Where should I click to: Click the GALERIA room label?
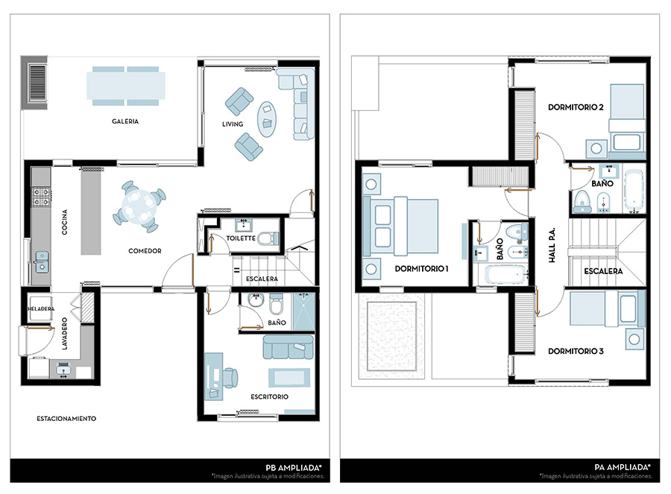tap(125, 121)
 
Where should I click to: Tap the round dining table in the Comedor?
tap(138, 206)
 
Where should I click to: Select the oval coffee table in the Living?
tap(267, 119)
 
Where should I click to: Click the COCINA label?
tap(65, 222)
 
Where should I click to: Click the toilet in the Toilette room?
tap(268, 238)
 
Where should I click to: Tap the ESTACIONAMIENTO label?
tap(66, 419)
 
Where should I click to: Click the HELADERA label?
tap(41, 308)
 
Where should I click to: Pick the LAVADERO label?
tap(65, 334)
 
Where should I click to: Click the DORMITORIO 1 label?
tap(421, 269)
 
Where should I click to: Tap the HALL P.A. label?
tap(552, 245)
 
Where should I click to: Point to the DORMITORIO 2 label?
tap(576, 107)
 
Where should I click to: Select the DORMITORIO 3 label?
tap(576, 351)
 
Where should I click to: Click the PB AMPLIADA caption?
tap(294, 467)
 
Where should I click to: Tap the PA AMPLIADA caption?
tap(623, 467)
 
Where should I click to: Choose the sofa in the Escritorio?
tap(288, 346)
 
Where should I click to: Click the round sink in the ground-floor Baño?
tap(256, 300)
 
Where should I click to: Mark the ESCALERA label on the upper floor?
tap(603, 271)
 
